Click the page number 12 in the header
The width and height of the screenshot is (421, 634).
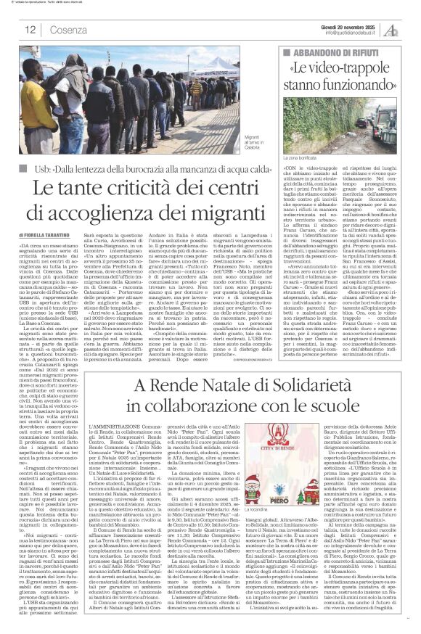(x=30, y=30)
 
